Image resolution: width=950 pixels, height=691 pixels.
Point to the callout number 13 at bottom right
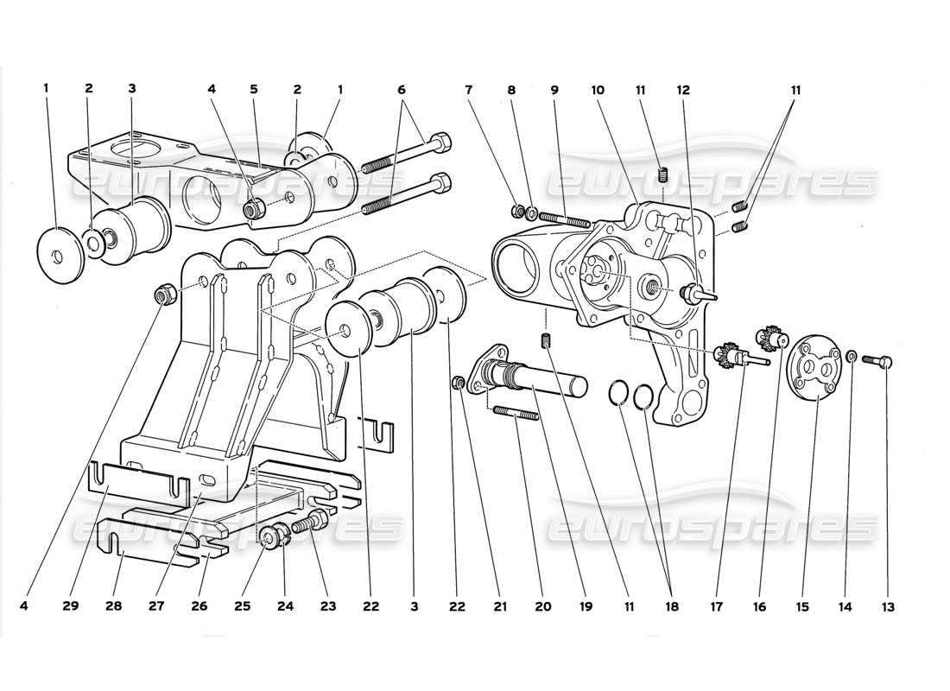[x=888, y=607]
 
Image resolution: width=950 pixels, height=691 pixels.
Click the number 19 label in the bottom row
[x=586, y=607]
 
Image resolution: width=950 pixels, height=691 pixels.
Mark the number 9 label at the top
[x=554, y=88]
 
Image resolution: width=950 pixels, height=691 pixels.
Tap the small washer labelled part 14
[x=852, y=356]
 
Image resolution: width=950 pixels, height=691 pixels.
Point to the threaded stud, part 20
[x=516, y=416]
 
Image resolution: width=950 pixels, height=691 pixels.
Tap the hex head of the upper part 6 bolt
[x=440, y=140]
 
